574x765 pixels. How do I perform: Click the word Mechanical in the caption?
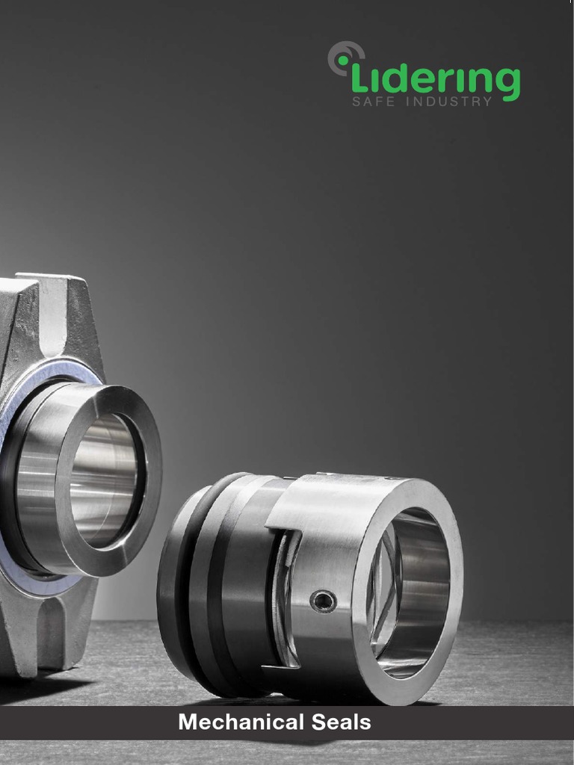pyautogui.click(x=241, y=722)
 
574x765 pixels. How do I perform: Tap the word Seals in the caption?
pyautogui.click(x=341, y=722)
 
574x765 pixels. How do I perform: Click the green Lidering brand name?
pyautogui.click(x=436, y=80)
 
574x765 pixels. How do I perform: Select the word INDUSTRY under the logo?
pyautogui.click(x=449, y=102)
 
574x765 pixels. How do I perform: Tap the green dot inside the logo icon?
pyautogui.click(x=344, y=61)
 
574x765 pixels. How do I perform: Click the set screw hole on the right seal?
pyautogui.click(x=323, y=601)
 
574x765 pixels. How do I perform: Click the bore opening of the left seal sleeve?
pyautogui.click(x=105, y=480)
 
